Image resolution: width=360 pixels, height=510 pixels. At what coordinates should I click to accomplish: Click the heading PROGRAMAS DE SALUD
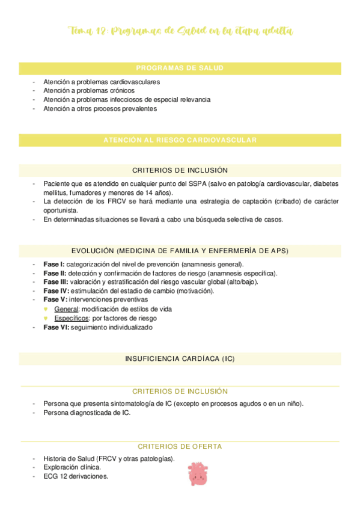coord(180,69)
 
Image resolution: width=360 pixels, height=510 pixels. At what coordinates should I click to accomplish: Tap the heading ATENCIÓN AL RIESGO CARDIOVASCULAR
coord(180,140)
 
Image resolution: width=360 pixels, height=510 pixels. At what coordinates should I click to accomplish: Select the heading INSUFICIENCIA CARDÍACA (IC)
coord(180,358)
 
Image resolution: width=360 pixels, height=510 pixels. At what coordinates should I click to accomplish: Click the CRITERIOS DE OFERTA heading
coord(180,446)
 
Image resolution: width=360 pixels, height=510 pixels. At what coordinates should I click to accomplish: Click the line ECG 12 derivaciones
coord(76,476)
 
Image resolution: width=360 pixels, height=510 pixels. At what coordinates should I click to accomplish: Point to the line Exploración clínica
coord(72,467)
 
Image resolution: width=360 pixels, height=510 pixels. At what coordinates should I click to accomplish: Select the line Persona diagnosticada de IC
coord(87,413)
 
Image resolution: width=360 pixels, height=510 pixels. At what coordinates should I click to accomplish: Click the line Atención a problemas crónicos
coord(89,91)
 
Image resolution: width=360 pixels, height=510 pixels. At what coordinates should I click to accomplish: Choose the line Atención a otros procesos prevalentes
coord(100,109)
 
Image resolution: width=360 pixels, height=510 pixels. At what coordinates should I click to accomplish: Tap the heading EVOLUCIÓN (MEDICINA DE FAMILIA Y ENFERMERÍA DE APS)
coord(180,251)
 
